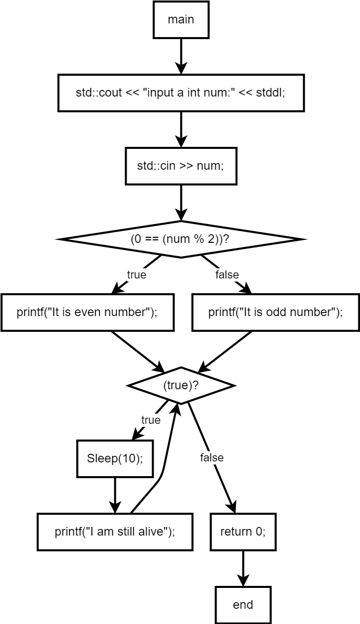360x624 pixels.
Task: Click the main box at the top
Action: coord(181,20)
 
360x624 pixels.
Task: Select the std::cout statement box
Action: coord(181,93)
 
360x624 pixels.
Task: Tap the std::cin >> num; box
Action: coord(181,166)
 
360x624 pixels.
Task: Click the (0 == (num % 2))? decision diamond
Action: coord(181,239)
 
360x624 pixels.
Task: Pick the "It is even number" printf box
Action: coord(87,313)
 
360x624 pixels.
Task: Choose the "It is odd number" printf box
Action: coord(276,313)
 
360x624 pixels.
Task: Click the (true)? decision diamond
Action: coord(181,385)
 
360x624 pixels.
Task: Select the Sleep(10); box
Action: coord(115,458)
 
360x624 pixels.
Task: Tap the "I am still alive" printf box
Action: coord(115,532)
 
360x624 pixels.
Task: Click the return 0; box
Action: coord(243,532)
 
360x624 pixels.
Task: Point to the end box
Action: coord(243,605)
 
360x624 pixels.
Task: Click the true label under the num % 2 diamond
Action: coord(136,275)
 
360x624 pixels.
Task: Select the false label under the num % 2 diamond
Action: coord(227,275)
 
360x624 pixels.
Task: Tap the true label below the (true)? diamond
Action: coord(151,420)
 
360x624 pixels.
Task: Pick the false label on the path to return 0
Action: coord(212,458)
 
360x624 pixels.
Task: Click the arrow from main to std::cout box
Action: coord(181,56)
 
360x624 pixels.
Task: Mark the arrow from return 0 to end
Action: coord(243,568)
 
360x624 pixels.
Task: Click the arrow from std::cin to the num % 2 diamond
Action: coord(181,202)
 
